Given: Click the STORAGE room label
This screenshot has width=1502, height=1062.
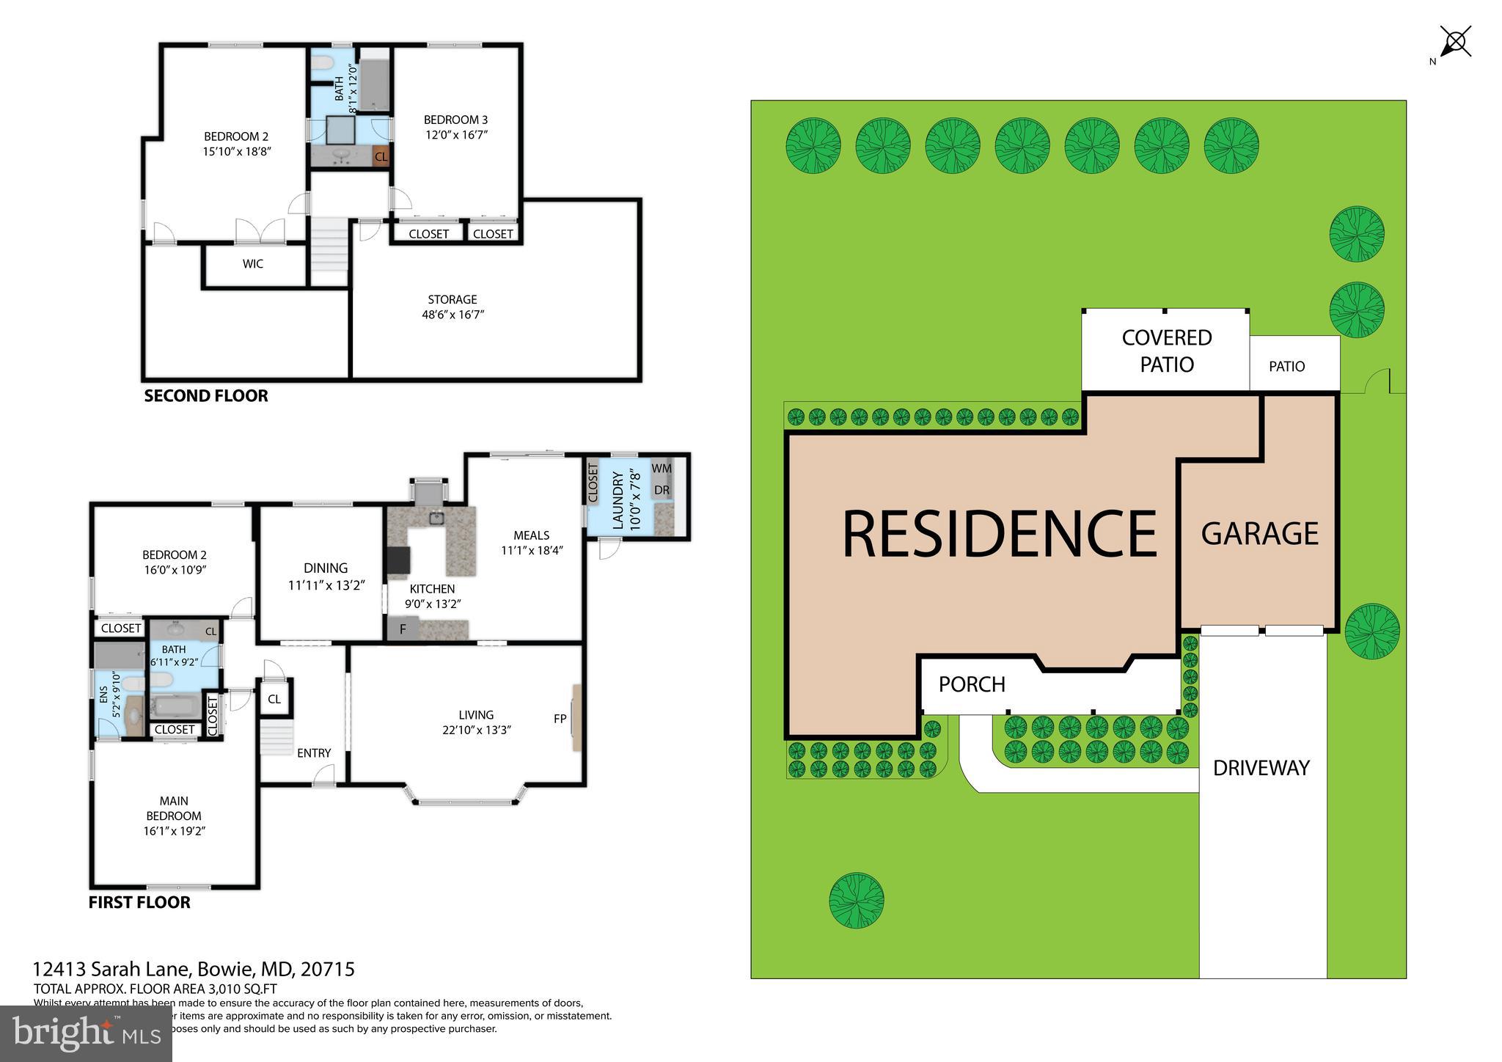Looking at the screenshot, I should (453, 307).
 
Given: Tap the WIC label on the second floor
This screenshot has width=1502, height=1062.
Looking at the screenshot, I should (253, 263).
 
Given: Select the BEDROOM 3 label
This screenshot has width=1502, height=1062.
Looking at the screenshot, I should (455, 127).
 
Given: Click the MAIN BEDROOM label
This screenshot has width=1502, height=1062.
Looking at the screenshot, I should (174, 816).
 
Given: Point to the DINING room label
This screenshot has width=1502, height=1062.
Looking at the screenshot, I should (326, 576).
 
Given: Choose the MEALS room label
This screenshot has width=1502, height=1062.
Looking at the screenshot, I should (531, 543).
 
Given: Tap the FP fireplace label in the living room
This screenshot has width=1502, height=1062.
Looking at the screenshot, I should (560, 719).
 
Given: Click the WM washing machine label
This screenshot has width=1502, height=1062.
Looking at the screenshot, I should (662, 468).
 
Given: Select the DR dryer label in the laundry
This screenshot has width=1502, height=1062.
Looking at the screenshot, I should (662, 490).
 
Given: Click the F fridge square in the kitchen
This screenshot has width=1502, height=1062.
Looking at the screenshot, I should (403, 629).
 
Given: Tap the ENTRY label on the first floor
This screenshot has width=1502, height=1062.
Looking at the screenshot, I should (314, 752).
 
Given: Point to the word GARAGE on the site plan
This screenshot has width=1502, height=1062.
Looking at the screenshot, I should (1259, 533).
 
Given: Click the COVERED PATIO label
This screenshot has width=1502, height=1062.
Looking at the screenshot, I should (1166, 351).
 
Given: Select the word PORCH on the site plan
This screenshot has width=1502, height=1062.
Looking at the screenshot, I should (972, 684).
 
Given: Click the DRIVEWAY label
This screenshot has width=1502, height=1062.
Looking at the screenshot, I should (1261, 768).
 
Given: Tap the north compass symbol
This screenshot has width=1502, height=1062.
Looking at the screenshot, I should (1455, 43).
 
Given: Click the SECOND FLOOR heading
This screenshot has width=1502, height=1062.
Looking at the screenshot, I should (206, 396).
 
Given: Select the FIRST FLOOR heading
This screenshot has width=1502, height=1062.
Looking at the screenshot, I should (139, 902).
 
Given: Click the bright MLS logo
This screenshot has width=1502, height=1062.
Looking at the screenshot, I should (87, 1033).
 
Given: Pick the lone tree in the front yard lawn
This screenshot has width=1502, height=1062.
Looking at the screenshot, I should (856, 900).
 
